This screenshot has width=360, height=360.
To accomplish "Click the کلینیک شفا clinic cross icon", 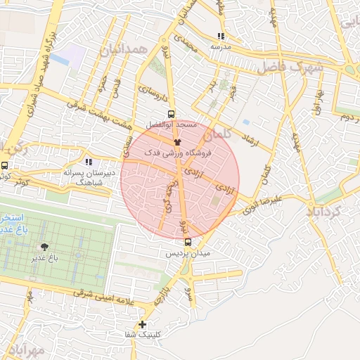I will tap(143, 324).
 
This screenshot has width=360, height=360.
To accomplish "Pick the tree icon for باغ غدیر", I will tap(45, 247).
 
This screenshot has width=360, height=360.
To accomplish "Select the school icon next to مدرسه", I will tap(221, 36).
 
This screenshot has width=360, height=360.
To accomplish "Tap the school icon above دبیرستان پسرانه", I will tap(89, 162).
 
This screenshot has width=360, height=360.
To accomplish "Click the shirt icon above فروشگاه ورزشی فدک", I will tap(176, 142).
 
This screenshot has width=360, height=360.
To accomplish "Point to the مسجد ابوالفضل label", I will tap(171, 124).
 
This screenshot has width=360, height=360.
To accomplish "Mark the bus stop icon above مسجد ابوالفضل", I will tap(172, 114).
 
